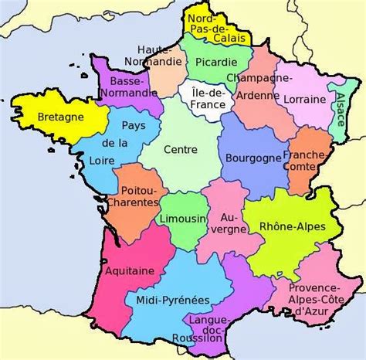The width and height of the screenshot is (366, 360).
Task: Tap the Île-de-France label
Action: (x=204, y=98)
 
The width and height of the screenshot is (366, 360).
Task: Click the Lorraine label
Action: (x=303, y=100)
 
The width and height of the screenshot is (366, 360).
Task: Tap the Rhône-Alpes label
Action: (x=293, y=226)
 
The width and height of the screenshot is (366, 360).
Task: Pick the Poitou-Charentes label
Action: (x=141, y=198)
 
